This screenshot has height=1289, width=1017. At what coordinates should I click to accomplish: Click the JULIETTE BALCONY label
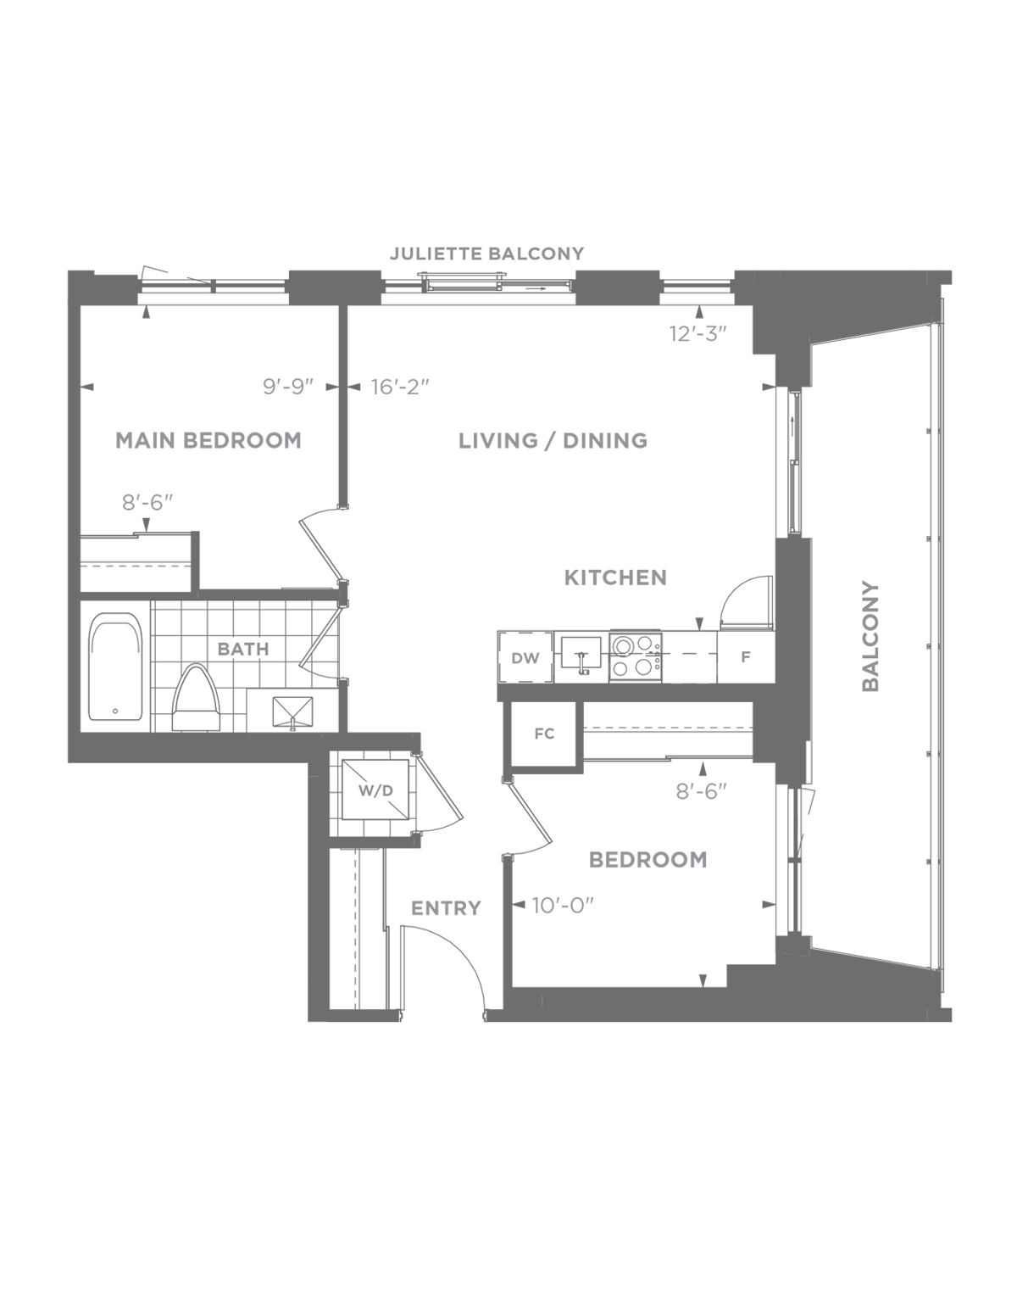(x=486, y=254)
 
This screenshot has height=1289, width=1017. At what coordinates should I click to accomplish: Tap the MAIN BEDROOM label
(x=208, y=440)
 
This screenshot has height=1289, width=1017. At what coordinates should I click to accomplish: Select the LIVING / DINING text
(x=553, y=440)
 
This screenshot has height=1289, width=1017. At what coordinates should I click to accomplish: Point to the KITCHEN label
(x=615, y=578)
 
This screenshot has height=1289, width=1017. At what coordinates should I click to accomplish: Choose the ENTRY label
(x=446, y=908)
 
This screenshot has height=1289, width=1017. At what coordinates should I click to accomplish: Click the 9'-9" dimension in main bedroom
(x=288, y=387)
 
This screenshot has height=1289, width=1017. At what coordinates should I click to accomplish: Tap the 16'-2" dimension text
(x=400, y=387)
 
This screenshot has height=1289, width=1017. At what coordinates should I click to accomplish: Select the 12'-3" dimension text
(x=698, y=333)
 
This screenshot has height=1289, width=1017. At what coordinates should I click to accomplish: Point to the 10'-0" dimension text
(x=563, y=906)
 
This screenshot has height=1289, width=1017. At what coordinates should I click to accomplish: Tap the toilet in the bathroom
(x=197, y=698)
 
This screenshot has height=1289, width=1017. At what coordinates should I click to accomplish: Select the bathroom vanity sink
(x=292, y=711)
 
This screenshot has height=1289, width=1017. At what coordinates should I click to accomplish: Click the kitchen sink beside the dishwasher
(x=581, y=656)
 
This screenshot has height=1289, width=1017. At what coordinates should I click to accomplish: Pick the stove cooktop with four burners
(x=636, y=656)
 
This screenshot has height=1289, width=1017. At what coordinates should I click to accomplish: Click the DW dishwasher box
(x=525, y=657)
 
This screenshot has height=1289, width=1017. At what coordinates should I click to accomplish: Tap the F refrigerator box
(x=746, y=656)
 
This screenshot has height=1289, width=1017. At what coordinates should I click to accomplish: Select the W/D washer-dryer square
(x=375, y=790)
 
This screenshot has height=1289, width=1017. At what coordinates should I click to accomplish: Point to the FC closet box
(x=544, y=734)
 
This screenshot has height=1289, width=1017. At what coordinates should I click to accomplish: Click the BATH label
(x=243, y=649)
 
